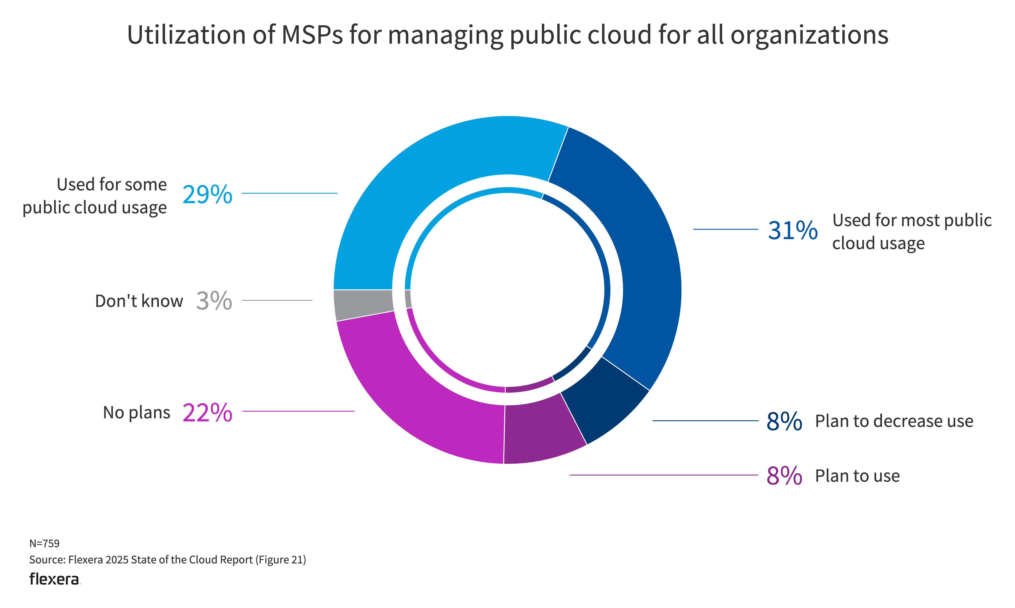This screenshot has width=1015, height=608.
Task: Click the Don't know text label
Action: pos(139,301)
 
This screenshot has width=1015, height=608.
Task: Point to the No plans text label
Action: pos(137,413)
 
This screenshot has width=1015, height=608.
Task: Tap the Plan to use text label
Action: pos(857,476)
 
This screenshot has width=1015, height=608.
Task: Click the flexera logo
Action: pos(55,579)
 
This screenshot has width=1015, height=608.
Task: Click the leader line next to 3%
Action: pos(277,300)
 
